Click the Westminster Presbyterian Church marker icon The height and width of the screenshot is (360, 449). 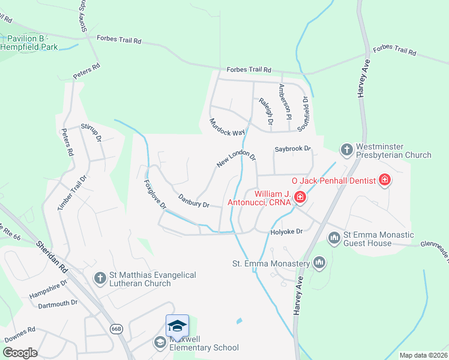click(x=346, y=149)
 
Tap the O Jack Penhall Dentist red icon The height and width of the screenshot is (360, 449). click(x=385, y=179)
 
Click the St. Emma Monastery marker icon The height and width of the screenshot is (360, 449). click(x=319, y=262)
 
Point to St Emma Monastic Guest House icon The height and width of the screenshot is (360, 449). click(x=334, y=238)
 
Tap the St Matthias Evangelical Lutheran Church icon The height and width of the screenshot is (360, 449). click(x=100, y=278)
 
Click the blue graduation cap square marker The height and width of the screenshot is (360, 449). click(x=177, y=325)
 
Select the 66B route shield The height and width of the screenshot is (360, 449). click(x=116, y=328)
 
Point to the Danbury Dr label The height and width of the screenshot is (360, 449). click(x=194, y=200)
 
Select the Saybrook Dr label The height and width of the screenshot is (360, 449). click(x=293, y=148)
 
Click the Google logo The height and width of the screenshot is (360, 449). click(x=20, y=353)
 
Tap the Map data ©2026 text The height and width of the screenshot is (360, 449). click(x=423, y=355)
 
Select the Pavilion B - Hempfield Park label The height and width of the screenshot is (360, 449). click(x=29, y=43)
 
